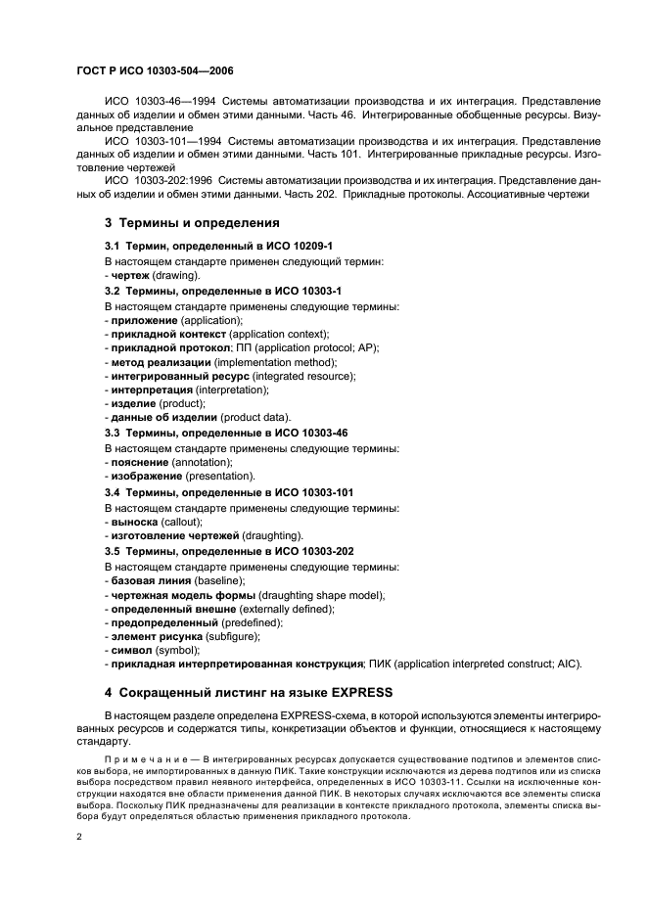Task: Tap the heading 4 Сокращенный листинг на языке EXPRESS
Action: [x=248, y=693]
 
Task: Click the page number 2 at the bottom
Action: [x=79, y=838]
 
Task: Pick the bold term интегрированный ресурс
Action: [x=179, y=376]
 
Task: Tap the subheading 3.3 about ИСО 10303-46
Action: [x=226, y=433]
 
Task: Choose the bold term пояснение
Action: [x=139, y=461]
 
